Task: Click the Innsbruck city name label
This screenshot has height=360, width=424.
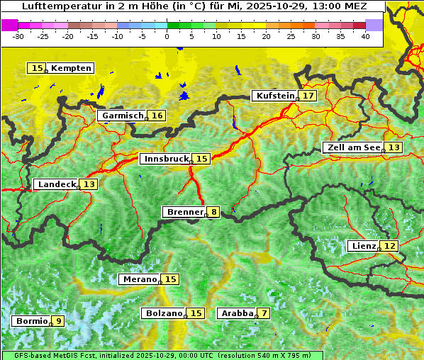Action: point(165,159)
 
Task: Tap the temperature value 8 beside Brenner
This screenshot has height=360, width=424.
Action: point(213,211)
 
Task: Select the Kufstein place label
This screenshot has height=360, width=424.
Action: point(274,96)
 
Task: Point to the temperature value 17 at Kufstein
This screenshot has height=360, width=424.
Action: point(308,96)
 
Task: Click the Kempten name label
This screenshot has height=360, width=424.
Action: point(71,68)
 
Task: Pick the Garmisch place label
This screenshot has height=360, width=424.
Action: point(122,116)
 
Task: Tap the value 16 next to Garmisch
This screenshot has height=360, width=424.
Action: point(157,116)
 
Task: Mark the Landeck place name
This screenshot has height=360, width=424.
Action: point(57,184)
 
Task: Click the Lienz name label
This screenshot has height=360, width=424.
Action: point(363,246)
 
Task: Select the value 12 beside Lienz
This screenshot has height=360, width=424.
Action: point(390,246)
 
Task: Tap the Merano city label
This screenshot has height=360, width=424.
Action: point(139,279)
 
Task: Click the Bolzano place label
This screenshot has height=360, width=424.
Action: point(164,313)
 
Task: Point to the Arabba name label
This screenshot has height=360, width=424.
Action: point(236,313)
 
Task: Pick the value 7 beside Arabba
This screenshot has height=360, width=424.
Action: point(264,313)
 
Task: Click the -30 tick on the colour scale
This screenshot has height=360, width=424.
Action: point(18,35)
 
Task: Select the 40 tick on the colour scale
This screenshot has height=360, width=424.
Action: point(365,35)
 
